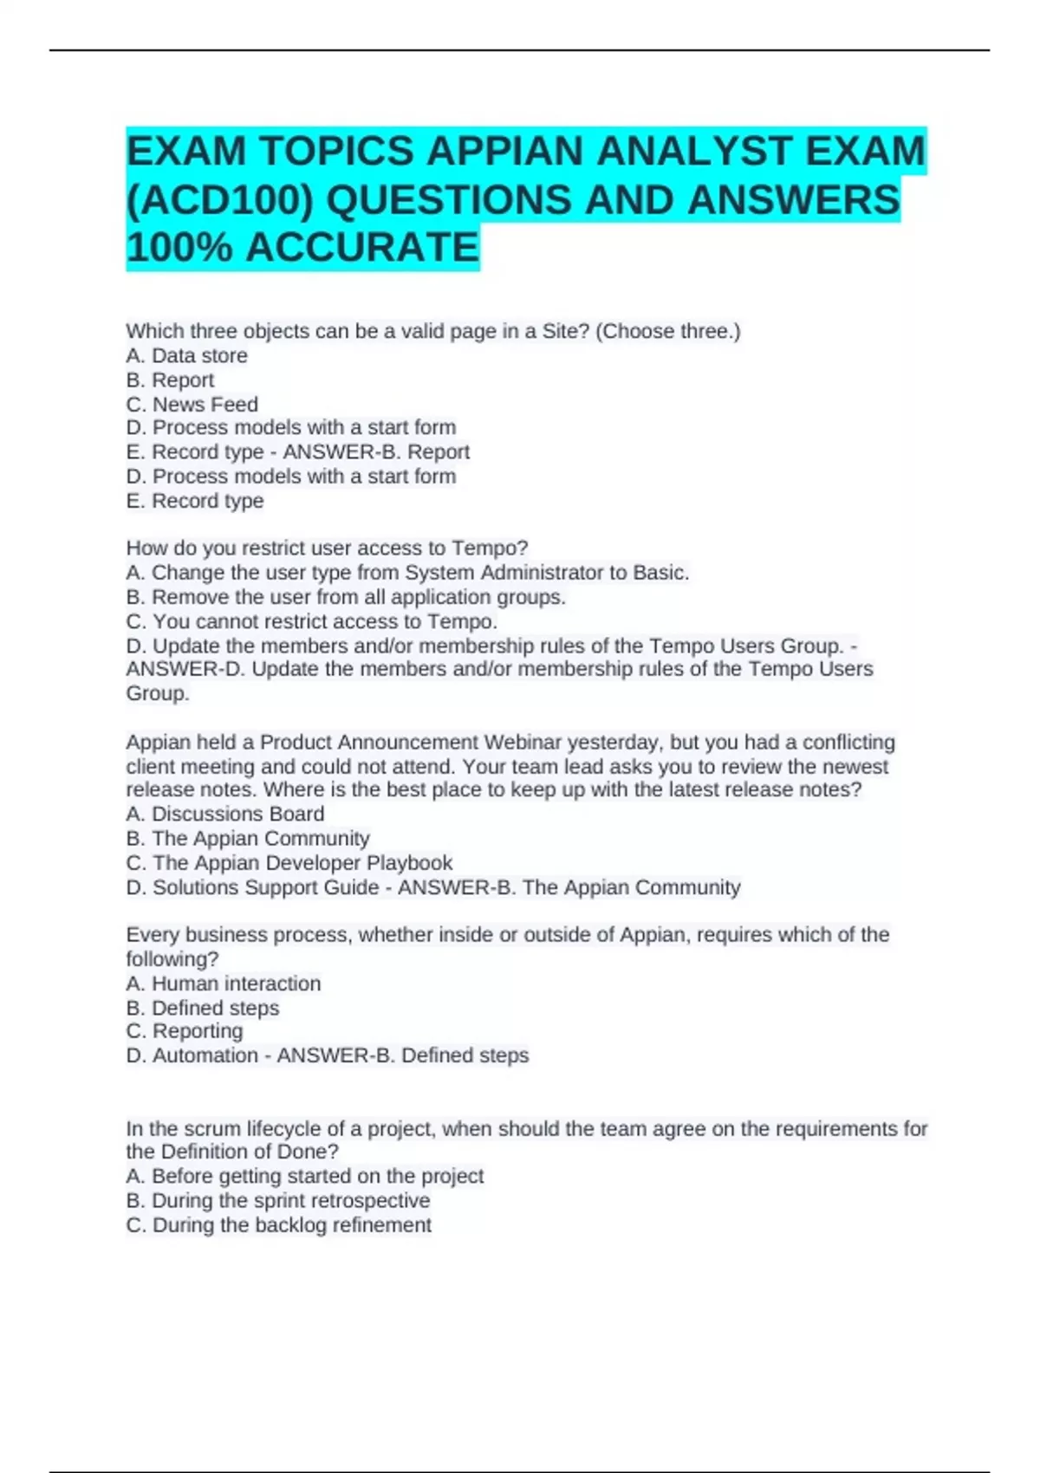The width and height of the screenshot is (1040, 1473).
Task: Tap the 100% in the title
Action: pos(179,248)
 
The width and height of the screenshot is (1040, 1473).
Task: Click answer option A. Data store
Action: pos(186,355)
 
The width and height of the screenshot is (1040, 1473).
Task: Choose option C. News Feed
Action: pos(192,405)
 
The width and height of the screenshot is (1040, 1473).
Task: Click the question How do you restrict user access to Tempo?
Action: pos(327,548)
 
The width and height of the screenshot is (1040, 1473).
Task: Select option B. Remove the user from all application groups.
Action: pos(346,597)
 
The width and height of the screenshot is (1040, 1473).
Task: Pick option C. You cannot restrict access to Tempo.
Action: pos(312,621)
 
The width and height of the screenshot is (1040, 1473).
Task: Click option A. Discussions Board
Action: pos(225,814)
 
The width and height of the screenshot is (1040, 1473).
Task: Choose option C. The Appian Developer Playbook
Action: pos(289,863)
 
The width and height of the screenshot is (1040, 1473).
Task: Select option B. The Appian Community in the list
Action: pos(248,839)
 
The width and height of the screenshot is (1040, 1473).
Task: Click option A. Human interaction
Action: pos(224,983)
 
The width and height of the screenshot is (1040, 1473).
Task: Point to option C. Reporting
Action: pos(185,1031)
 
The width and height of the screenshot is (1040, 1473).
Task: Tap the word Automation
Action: pos(205,1055)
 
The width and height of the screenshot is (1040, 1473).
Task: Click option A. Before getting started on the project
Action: pos(304,1176)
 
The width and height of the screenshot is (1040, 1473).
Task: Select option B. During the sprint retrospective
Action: pos(277,1200)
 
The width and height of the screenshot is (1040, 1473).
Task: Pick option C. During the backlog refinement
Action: pos(278,1225)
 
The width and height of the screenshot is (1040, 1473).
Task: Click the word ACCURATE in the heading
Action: pos(362,248)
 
